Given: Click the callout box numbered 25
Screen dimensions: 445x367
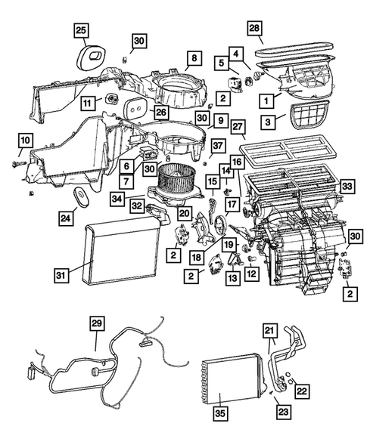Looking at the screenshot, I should (82, 31).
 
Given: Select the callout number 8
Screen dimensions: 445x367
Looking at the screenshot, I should (193, 58).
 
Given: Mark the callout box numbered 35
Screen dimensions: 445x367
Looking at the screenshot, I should (219, 415).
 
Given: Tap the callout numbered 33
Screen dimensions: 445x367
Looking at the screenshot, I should (347, 184).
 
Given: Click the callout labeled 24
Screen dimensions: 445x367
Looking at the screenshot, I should (67, 218).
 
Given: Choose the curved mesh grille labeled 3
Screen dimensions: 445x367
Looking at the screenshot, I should (305, 117).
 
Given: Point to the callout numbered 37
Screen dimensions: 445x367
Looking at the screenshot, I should (217, 146).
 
